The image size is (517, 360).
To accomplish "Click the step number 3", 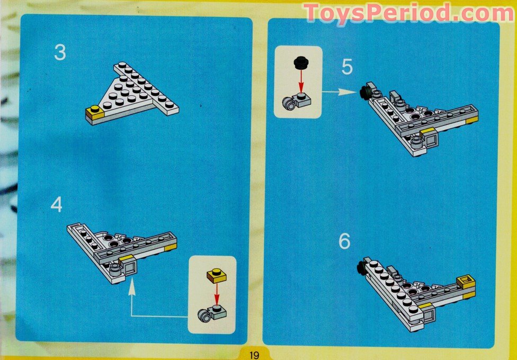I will point(60,53).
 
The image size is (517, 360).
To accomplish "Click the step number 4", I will point(57,205).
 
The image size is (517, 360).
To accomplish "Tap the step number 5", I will point(346,67).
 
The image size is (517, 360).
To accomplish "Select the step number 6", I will point(344,241).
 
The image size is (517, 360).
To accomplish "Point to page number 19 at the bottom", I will point(255,355).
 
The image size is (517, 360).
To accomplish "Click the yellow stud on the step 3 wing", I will point(95,110).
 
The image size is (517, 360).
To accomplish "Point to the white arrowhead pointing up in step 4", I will point(132,289).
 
